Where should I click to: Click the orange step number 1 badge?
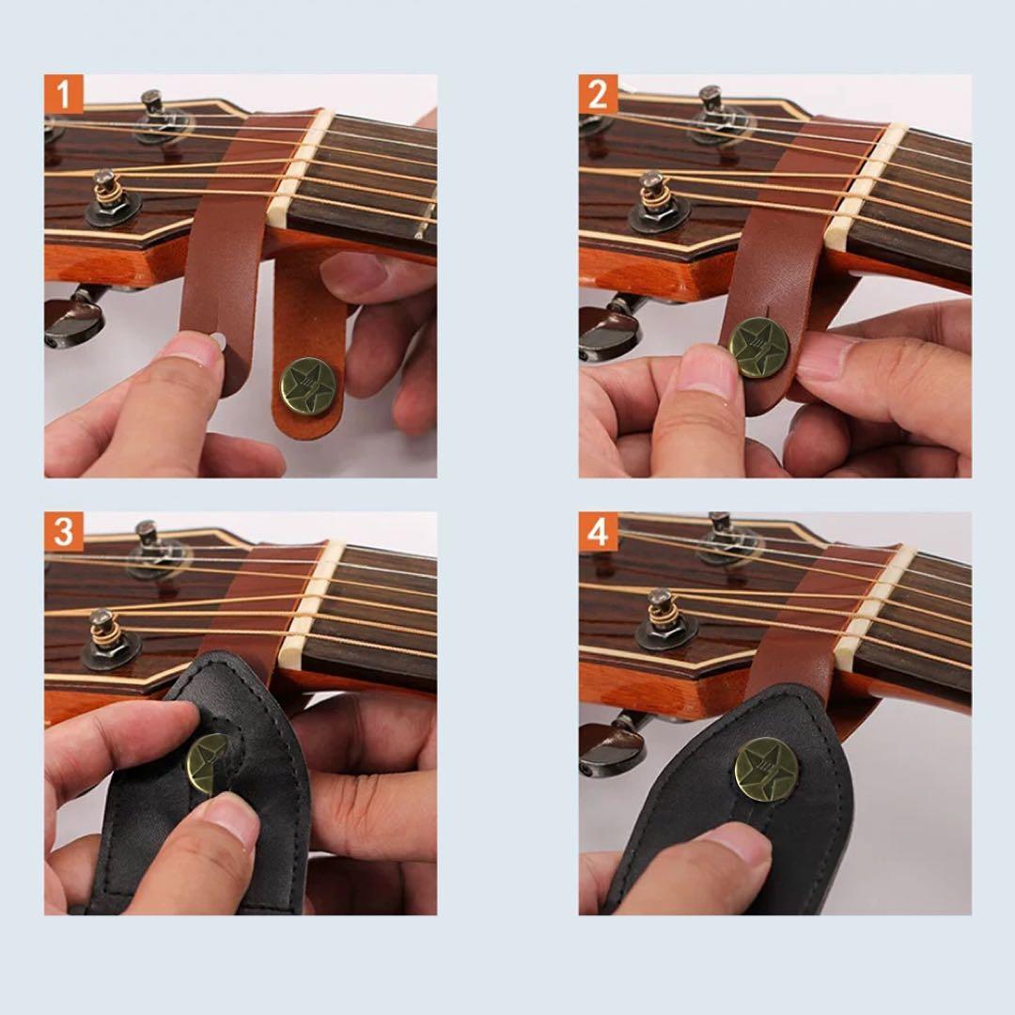click(x=64, y=94)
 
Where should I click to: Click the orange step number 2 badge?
click(x=598, y=94)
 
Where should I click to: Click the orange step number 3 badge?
click(x=64, y=531)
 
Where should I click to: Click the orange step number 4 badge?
click(x=598, y=531)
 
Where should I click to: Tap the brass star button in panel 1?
click(x=308, y=386)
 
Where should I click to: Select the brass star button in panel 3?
click(x=209, y=761)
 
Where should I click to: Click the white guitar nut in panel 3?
click(x=313, y=606)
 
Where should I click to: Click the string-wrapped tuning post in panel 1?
click(x=108, y=189)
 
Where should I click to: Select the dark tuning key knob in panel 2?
click(x=610, y=329)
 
